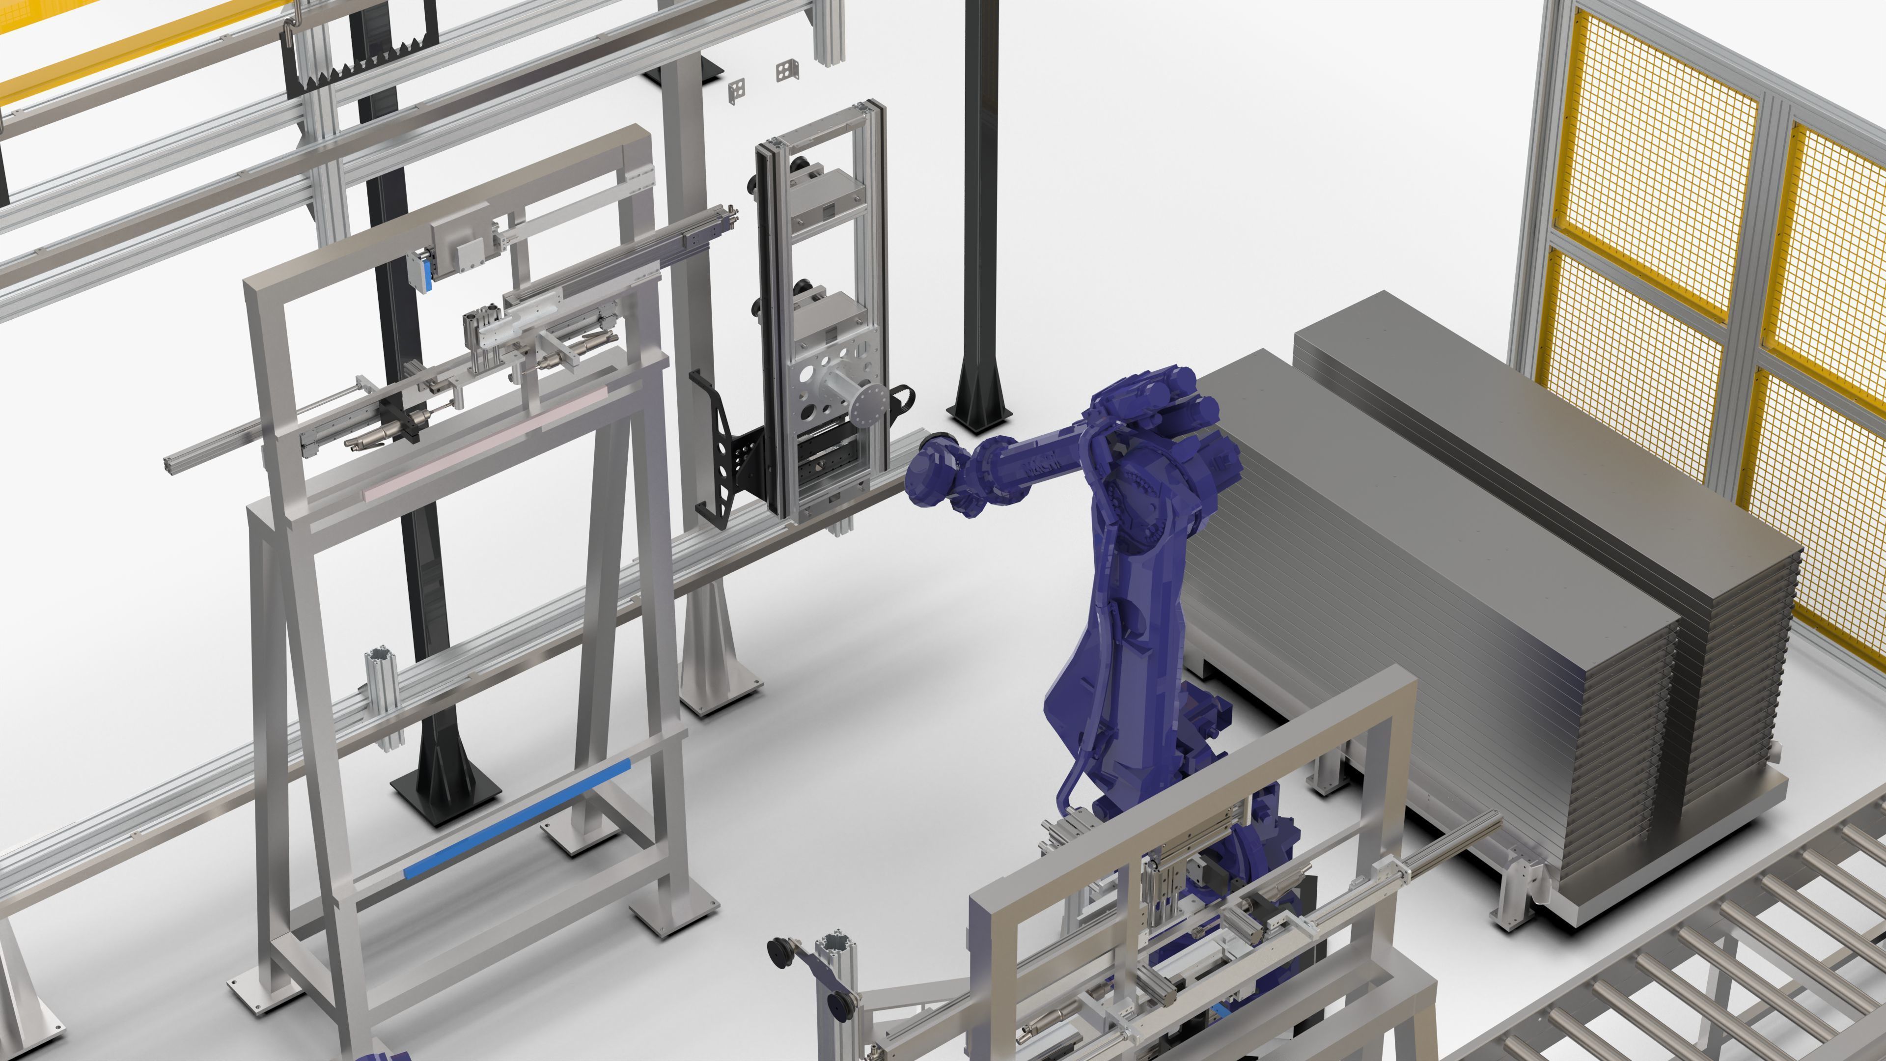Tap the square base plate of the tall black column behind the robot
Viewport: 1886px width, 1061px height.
click(980, 418)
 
